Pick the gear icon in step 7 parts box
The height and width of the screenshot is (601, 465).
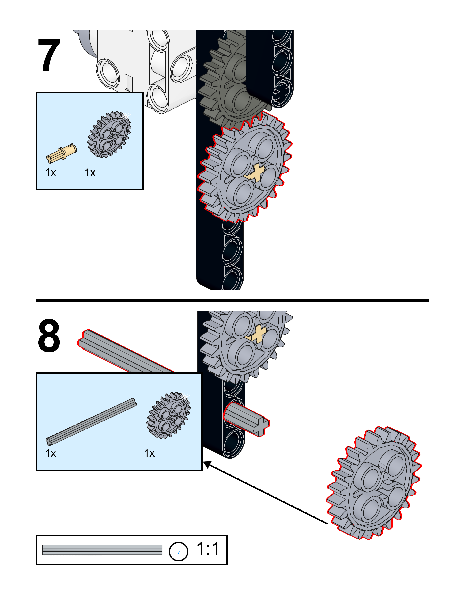[x=110, y=134]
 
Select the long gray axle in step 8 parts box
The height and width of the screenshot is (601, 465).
[x=91, y=421]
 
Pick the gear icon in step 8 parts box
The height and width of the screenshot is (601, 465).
[x=168, y=415]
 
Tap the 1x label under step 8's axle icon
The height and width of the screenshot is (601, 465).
[x=51, y=453]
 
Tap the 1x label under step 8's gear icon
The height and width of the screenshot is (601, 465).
[x=149, y=453]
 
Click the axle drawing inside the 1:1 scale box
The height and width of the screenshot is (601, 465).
[x=102, y=550]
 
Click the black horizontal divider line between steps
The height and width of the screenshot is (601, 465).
[x=232, y=300]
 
